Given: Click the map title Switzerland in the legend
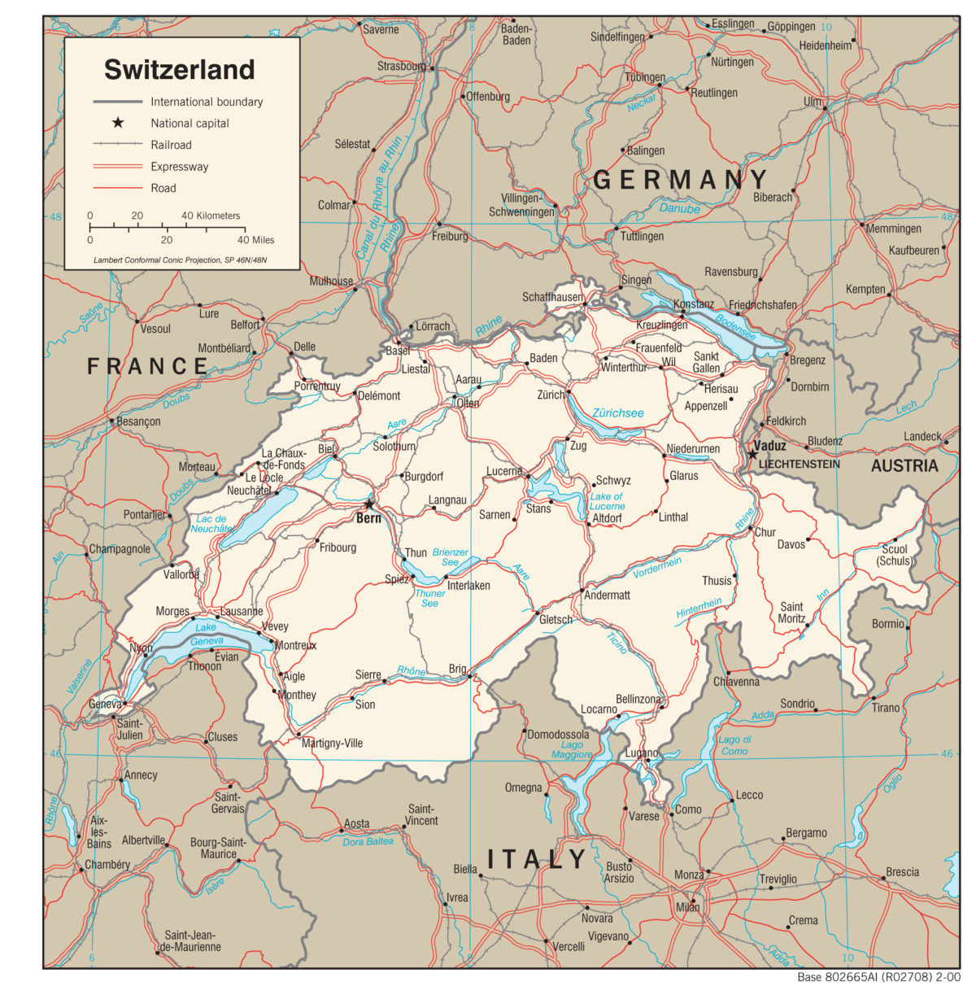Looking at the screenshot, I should [179, 70].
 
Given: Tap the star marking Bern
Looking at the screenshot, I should [369, 504].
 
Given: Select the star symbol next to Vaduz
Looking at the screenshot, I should [752, 454].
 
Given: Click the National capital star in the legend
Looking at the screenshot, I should [118, 123].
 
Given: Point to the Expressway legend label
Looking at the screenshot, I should [179, 167].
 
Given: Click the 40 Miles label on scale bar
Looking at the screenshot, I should [255, 240].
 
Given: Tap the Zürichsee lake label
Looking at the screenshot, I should [617, 413].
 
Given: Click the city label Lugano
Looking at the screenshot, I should [642, 753].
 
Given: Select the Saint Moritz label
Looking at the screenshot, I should [791, 613].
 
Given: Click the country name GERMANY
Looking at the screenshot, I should [680, 180].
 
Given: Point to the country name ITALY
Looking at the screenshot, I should [536, 859].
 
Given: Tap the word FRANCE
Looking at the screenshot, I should [147, 366].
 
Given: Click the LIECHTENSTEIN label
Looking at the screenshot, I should [799, 464].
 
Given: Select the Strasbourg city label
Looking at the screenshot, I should [401, 66].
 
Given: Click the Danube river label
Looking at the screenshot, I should [679, 209].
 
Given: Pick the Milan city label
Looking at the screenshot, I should [687, 907].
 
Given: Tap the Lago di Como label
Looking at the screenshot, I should [734, 745].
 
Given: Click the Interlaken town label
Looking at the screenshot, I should [468, 585].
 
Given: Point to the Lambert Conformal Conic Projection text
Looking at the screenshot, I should [180, 260].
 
